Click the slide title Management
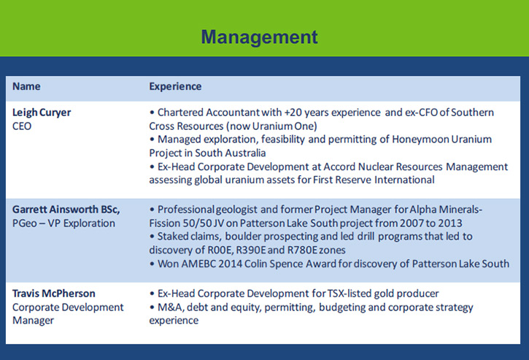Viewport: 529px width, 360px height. [x=259, y=37]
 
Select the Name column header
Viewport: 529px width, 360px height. [x=26, y=86]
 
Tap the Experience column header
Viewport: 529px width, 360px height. [x=175, y=87]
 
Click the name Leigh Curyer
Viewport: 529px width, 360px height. [x=42, y=112]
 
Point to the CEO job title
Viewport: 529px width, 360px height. [x=22, y=126]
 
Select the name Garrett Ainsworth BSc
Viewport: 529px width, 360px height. [x=66, y=210]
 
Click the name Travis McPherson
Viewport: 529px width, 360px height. [x=54, y=294]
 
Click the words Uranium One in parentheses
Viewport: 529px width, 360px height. [x=283, y=126]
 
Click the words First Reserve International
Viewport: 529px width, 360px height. [x=374, y=180]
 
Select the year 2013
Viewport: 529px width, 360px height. [x=450, y=223]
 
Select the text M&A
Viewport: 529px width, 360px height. [x=170, y=307]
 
